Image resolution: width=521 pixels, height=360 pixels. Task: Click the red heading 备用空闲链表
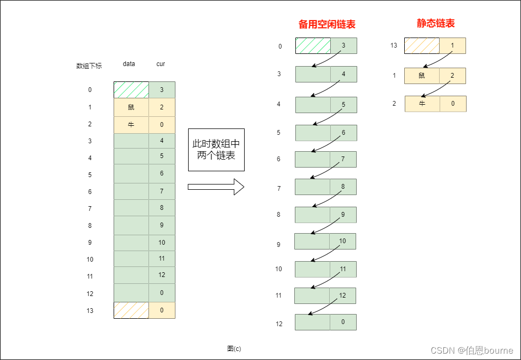coord(327,24)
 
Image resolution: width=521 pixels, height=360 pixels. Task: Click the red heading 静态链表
coord(435,23)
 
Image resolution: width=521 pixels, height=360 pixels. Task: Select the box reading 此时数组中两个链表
coord(216,150)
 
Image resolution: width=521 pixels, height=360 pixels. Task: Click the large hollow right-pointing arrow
coord(216,187)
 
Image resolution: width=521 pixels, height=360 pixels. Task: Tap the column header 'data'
coord(129,64)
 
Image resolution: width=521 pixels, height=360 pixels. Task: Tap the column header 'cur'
coord(161,64)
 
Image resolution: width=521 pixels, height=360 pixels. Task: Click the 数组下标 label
coord(89,66)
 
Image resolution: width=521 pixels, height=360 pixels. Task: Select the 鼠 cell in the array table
coord(131,107)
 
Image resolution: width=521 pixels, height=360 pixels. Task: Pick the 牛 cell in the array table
coord(131,124)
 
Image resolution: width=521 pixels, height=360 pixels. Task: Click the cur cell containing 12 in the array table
coord(162,275)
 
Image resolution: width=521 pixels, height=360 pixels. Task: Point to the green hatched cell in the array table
coord(131,90)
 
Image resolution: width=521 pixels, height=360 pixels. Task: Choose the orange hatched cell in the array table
coord(131,310)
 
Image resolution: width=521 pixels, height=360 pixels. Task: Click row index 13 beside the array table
coord(90,311)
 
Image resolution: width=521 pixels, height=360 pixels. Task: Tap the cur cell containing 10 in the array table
coord(162,243)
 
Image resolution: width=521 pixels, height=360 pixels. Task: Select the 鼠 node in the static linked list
coord(422,76)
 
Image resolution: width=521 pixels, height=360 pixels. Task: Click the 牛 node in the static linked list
coord(422,104)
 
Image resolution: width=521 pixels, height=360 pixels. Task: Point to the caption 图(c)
coord(234,349)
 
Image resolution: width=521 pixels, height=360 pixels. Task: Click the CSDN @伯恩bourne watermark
coord(471,350)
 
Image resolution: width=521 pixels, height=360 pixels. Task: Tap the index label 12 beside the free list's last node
coord(279,324)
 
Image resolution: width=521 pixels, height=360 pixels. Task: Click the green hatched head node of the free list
coord(313,46)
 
